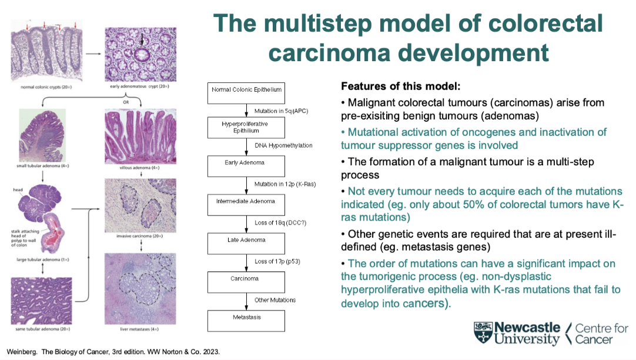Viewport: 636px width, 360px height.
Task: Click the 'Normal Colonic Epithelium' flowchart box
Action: point(246,90)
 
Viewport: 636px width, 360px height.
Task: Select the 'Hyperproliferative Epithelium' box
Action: point(246,127)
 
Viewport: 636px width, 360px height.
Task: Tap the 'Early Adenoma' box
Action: point(246,164)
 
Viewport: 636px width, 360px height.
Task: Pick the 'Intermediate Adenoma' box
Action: point(246,202)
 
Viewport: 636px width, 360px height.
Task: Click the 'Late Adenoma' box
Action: point(246,240)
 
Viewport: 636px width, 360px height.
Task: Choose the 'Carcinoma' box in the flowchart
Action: point(246,279)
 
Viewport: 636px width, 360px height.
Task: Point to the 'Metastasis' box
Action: point(246,318)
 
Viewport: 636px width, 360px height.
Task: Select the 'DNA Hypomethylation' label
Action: point(283,145)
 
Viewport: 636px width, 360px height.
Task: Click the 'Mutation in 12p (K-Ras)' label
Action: point(284,184)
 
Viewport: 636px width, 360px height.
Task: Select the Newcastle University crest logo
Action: point(484,333)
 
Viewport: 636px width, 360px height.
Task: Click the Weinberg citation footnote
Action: point(113,352)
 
